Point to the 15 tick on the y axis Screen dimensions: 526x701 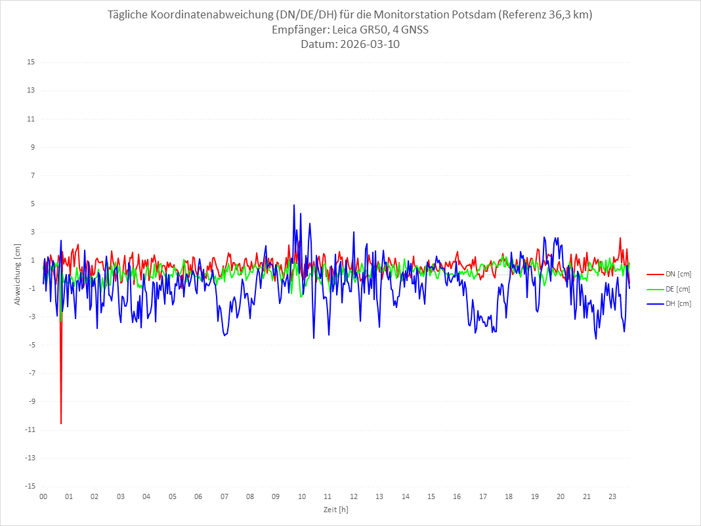(x=31, y=62)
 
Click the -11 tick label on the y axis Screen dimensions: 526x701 (x=30, y=429)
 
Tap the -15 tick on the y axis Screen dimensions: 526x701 (x=30, y=486)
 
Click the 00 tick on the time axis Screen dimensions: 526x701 (x=43, y=496)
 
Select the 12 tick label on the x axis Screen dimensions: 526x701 (x=354, y=496)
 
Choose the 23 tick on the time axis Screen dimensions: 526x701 (x=612, y=496)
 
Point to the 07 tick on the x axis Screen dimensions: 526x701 (x=224, y=496)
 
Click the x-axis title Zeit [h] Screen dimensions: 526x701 (x=335, y=509)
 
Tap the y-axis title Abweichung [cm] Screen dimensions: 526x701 (x=18, y=274)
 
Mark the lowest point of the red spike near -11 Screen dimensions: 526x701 (x=61, y=424)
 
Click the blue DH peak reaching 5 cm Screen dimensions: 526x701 (x=294, y=205)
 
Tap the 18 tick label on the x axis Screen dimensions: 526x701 (x=509, y=496)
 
